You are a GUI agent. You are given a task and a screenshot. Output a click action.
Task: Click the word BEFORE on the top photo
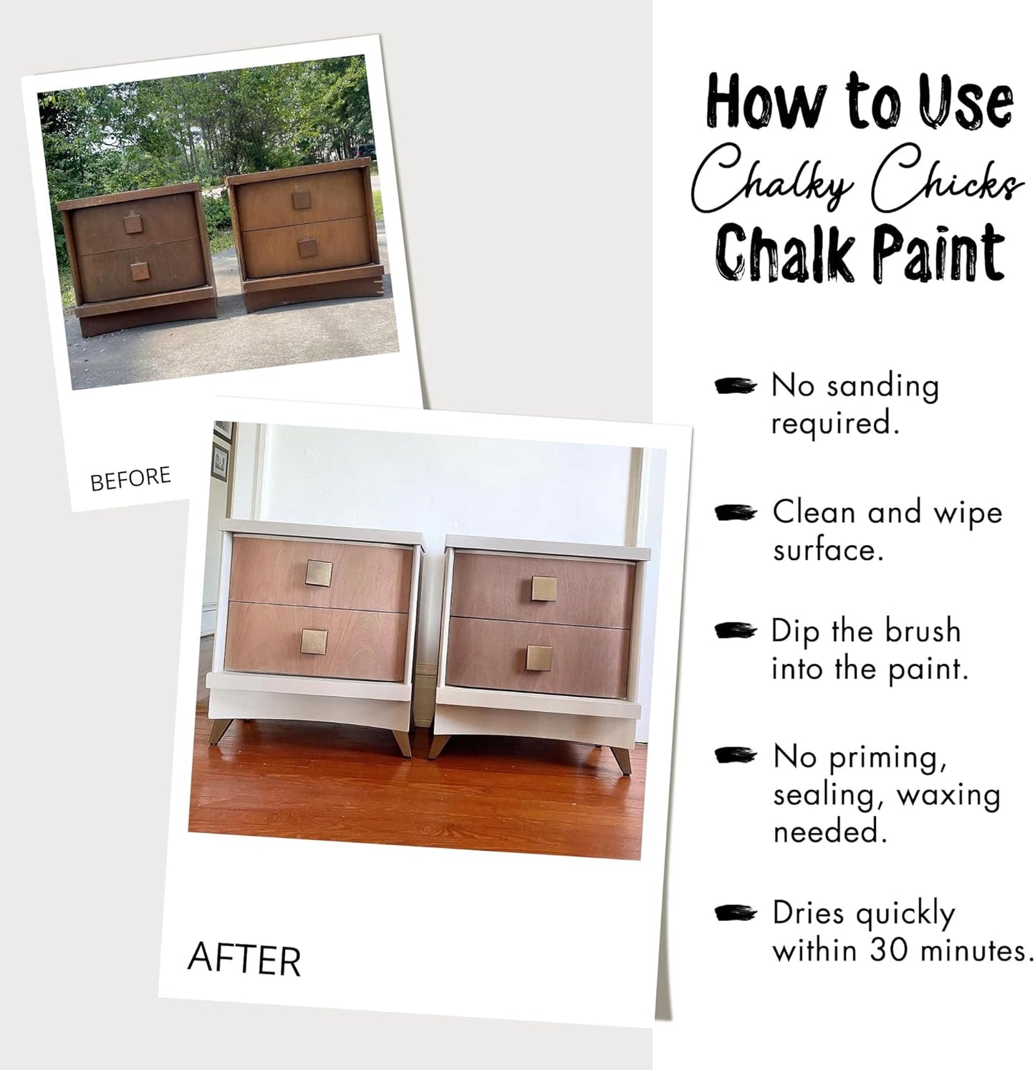pos(130,478)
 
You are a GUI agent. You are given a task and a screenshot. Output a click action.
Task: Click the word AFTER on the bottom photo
pos(244,960)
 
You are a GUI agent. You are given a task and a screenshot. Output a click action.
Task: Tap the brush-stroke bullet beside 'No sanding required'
pos(736,387)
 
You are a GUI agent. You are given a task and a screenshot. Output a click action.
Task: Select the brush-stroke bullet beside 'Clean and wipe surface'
pos(736,513)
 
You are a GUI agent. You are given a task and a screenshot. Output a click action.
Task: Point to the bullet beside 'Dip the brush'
pos(736,631)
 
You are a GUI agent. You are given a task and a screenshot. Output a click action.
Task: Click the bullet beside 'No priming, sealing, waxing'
pos(736,756)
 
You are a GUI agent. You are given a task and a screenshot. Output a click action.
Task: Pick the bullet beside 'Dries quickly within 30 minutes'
pos(736,913)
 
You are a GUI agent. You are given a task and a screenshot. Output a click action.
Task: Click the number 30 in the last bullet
pos(890,950)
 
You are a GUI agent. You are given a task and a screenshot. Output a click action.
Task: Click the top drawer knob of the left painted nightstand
pos(319,573)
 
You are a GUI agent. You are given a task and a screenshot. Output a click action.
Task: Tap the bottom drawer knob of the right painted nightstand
pos(539,659)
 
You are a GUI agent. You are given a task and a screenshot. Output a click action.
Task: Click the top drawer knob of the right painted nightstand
pos(544,590)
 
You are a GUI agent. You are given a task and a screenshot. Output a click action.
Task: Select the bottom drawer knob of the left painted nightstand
pos(314,642)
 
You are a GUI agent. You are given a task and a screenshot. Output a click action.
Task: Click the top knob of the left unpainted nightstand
pos(133,223)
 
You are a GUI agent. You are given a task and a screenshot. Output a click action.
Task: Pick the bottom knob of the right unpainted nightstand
pos(308,247)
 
